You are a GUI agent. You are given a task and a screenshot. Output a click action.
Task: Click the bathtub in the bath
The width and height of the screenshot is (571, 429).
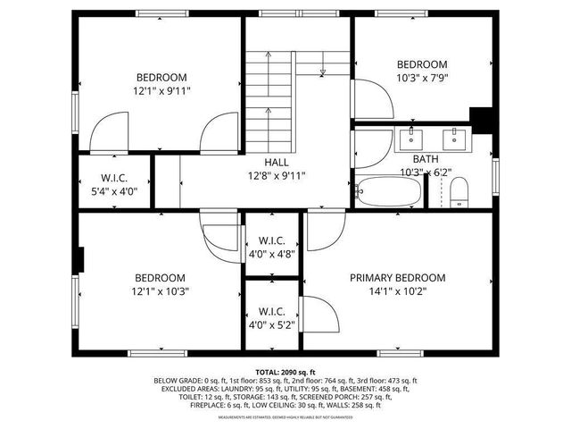389,191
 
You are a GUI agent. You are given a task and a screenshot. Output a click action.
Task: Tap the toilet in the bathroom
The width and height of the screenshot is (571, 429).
459,191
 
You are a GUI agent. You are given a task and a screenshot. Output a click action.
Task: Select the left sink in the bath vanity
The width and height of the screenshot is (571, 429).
411,137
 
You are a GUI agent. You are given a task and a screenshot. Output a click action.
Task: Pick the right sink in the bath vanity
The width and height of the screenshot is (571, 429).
454,137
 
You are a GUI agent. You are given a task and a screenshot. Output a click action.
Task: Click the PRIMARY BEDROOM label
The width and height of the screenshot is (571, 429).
397,278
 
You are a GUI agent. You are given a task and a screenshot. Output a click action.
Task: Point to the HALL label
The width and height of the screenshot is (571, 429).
276,163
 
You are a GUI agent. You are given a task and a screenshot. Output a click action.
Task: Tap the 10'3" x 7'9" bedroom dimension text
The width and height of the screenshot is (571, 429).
422,78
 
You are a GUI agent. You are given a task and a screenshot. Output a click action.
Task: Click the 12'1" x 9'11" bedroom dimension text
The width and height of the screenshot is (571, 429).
161,90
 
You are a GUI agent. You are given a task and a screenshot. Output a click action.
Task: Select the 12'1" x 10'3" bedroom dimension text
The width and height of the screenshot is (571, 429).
161,290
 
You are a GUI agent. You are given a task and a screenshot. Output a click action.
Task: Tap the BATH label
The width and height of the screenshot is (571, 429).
425,158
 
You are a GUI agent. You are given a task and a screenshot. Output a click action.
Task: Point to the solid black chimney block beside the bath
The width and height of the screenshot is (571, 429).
482,120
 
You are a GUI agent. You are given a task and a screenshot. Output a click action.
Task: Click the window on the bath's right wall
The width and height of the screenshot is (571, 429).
496,175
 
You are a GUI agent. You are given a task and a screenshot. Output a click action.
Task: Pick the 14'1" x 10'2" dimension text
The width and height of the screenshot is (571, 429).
397,290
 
